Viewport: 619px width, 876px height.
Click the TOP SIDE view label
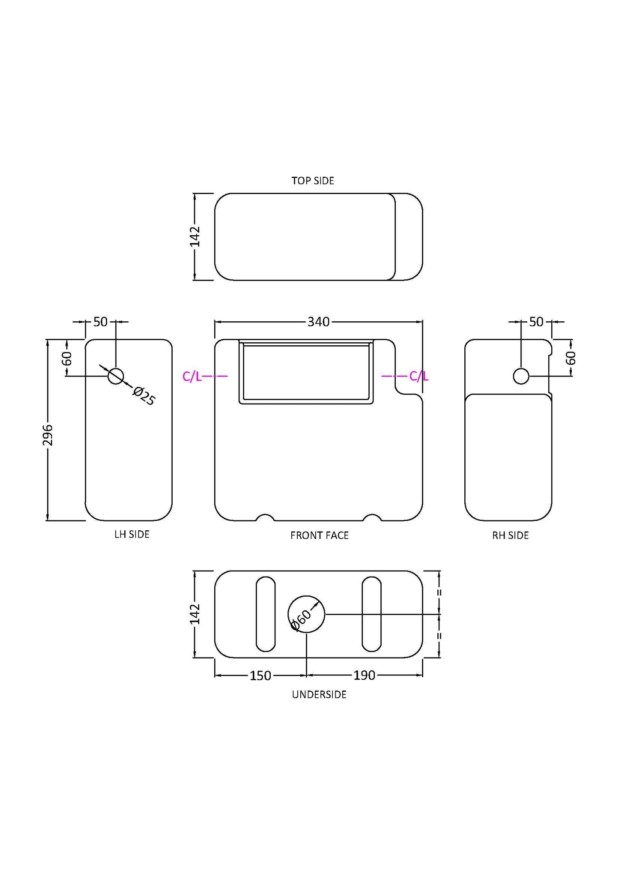pyautogui.click(x=313, y=181)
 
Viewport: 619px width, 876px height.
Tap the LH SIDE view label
pyautogui.click(x=132, y=534)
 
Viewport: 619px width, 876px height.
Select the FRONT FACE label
pyautogui.click(x=319, y=535)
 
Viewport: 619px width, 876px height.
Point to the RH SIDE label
pyautogui.click(x=510, y=535)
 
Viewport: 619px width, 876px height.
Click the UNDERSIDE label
pyautogui.click(x=319, y=694)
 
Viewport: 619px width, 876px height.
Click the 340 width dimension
pyautogui.click(x=318, y=322)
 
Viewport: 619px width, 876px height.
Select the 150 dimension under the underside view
pyautogui.click(x=260, y=676)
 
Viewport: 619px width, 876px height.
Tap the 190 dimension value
pyautogui.click(x=364, y=675)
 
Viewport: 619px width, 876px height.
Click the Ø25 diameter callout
pyautogui.click(x=144, y=396)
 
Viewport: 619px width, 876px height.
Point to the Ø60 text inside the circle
pyautogui.click(x=301, y=620)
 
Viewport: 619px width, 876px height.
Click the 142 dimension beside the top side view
pyautogui.click(x=195, y=236)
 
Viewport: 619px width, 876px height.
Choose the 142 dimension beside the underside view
pyautogui.click(x=195, y=614)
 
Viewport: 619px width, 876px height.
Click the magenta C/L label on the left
pyautogui.click(x=191, y=377)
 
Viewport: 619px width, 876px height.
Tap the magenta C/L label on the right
pyautogui.click(x=419, y=376)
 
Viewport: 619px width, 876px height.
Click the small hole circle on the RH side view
pyautogui.click(x=521, y=376)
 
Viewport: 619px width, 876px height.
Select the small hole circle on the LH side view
pyautogui.click(x=116, y=376)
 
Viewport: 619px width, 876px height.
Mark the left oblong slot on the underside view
pyautogui.click(x=266, y=614)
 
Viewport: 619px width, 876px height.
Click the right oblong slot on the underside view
pyautogui.click(x=371, y=614)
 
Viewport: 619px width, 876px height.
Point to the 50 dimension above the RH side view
pyautogui.click(x=536, y=322)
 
